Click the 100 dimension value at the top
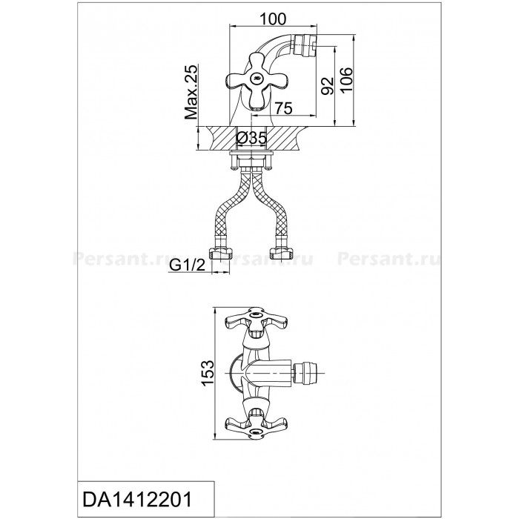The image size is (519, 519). click(273, 19)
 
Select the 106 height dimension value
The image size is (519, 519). click(346, 80)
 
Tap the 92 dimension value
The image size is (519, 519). click(328, 86)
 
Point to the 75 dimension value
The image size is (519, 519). click(283, 108)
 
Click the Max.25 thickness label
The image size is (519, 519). click(191, 92)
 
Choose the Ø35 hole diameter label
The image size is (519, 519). click(252, 138)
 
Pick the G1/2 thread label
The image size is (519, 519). click(188, 265)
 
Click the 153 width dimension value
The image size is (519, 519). click(208, 373)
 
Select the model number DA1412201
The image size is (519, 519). click(137, 499)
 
